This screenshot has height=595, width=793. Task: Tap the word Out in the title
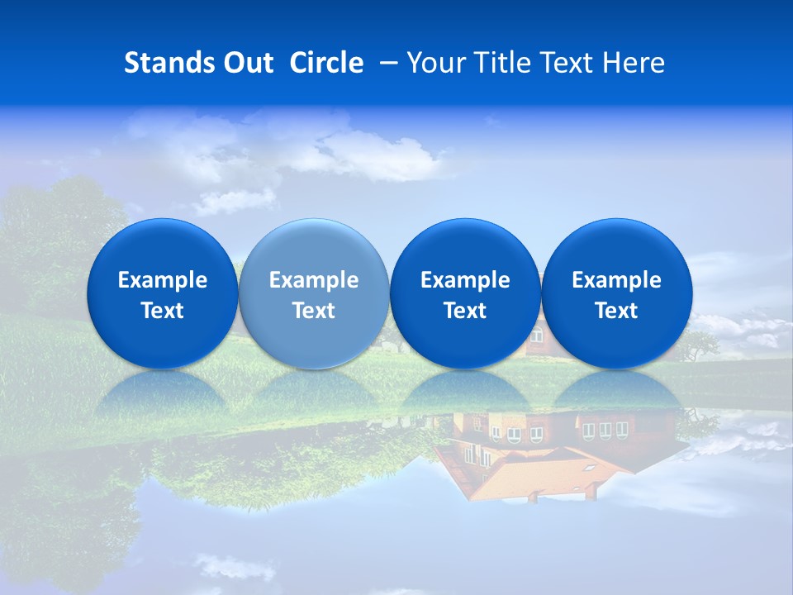click(x=246, y=63)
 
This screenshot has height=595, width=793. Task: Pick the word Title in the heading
click(x=498, y=63)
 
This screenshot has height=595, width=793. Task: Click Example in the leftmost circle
click(x=162, y=280)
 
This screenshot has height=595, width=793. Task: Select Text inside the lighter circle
click(x=314, y=311)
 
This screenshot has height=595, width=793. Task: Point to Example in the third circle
click(x=465, y=280)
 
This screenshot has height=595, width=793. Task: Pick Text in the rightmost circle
click(x=616, y=311)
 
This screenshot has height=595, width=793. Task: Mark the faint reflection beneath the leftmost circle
click(x=162, y=393)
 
